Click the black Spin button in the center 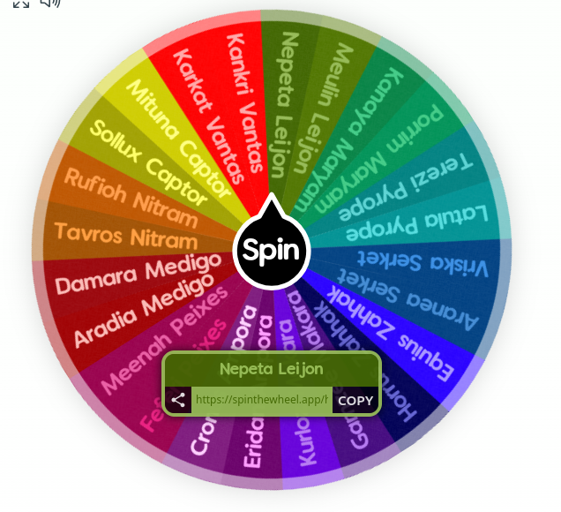coord(272,250)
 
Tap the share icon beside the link coord(178,400)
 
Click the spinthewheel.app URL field coord(261,400)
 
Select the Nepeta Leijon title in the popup coord(272,369)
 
